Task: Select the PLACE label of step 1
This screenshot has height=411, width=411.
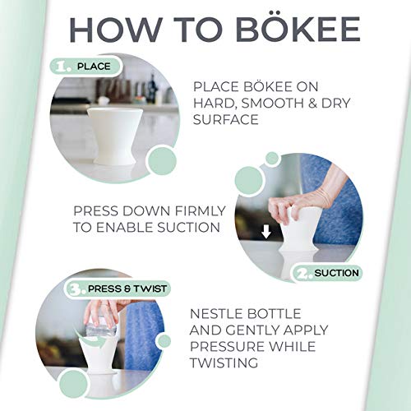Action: point(94,67)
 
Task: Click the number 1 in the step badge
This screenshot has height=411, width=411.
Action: point(62,67)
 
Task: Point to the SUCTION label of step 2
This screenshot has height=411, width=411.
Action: point(336,273)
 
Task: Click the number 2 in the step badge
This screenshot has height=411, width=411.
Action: point(304,274)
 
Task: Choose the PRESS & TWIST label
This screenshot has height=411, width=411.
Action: point(127,289)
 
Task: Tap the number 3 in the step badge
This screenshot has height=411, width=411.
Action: point(76,289)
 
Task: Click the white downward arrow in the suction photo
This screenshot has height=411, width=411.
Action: point(266,233)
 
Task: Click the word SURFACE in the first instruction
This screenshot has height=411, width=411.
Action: point(226,120)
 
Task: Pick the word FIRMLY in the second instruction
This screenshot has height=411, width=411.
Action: point(200,211)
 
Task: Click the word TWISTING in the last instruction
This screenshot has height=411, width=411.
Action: point(224,363)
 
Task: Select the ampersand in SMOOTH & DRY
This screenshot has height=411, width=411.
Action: point(309,104)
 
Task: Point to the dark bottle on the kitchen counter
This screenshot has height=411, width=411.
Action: point(153,85)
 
